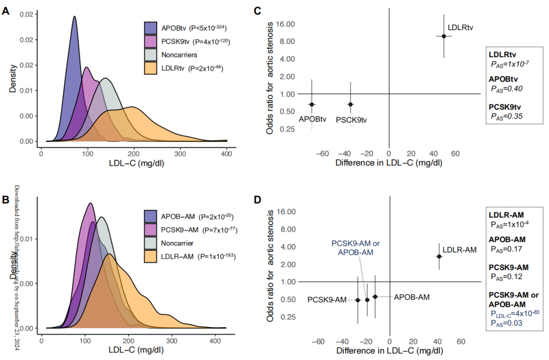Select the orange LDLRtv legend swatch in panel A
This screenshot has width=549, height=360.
[x=151, y=68]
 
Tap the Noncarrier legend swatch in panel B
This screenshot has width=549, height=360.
[x=151, y=243]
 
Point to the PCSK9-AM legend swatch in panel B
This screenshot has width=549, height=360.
[x=151, y=229]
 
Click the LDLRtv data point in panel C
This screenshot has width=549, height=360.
[x=444, y=36]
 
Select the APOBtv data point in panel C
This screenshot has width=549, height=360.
[x=311, y=104]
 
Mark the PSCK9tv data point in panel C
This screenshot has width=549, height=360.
[x=350, y=104]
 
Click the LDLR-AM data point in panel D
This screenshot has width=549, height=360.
[x=439, y=256]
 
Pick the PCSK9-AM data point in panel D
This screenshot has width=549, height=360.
[x=358, y=299]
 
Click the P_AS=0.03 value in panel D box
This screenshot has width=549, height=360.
[x=507, y=323]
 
